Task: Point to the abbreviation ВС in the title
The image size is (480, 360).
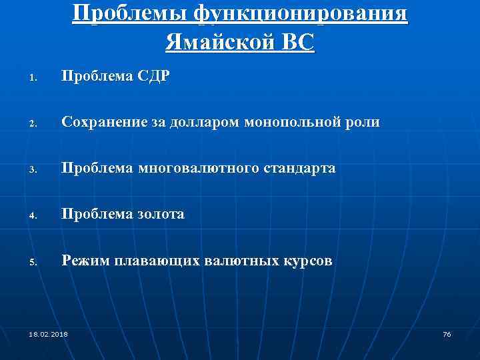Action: (x=297, y=43)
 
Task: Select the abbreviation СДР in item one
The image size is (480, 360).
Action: (x=154, y=77)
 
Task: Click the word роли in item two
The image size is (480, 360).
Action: (x=365, y=123)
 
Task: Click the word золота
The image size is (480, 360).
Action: (x=161, y=215)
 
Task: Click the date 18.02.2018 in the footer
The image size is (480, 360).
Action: (x=49, y=333)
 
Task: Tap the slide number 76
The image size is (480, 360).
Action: (x=447, y=333)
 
